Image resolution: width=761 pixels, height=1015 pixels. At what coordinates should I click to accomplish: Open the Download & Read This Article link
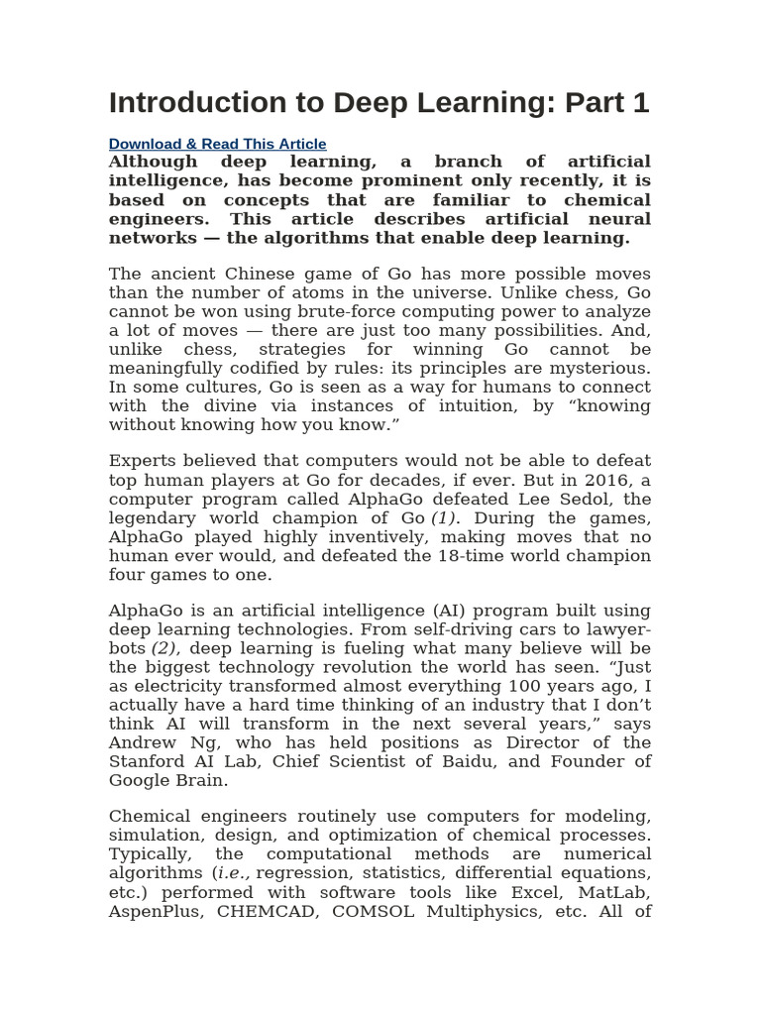coord(217,144)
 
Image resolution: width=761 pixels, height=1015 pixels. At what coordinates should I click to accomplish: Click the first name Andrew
coord(138,742)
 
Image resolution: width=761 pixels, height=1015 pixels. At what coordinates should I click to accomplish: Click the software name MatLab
coord(618,891)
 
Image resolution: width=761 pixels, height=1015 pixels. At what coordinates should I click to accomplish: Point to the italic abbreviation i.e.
coord(234,872)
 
